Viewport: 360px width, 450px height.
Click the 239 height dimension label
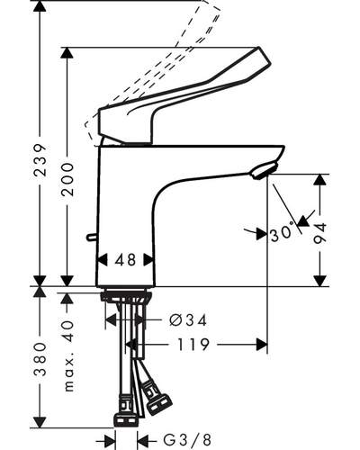[x=40, y=160]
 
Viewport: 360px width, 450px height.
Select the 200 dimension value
[x=67, y=180]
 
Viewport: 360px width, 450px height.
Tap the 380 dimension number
[x=40, y=360]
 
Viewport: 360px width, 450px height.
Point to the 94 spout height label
[x=319, y=233]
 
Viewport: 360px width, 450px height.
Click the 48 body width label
[x=125, y=260]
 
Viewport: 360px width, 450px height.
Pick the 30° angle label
[x=283, y=231]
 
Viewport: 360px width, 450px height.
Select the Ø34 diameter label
[x=188, y=320]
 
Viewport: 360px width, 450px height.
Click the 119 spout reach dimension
[x=193, y=345]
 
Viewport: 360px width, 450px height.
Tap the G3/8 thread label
[x=187, y=440]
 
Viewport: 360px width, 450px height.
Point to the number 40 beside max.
[x=69, y=331]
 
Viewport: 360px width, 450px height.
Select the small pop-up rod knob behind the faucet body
[x=91, y=238]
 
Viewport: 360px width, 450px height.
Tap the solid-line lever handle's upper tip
[x=258, y=48]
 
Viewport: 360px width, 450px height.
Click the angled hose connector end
[x=159, y=405]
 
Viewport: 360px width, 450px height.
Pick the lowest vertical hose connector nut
[x=126, y=420]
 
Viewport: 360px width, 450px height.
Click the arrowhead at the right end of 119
[x=261, y=345]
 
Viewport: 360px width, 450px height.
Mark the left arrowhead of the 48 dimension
[x=103, y=260]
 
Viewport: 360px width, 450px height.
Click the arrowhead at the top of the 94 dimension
[x=320, y=180]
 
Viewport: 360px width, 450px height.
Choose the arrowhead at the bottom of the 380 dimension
[x=40, y=422]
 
